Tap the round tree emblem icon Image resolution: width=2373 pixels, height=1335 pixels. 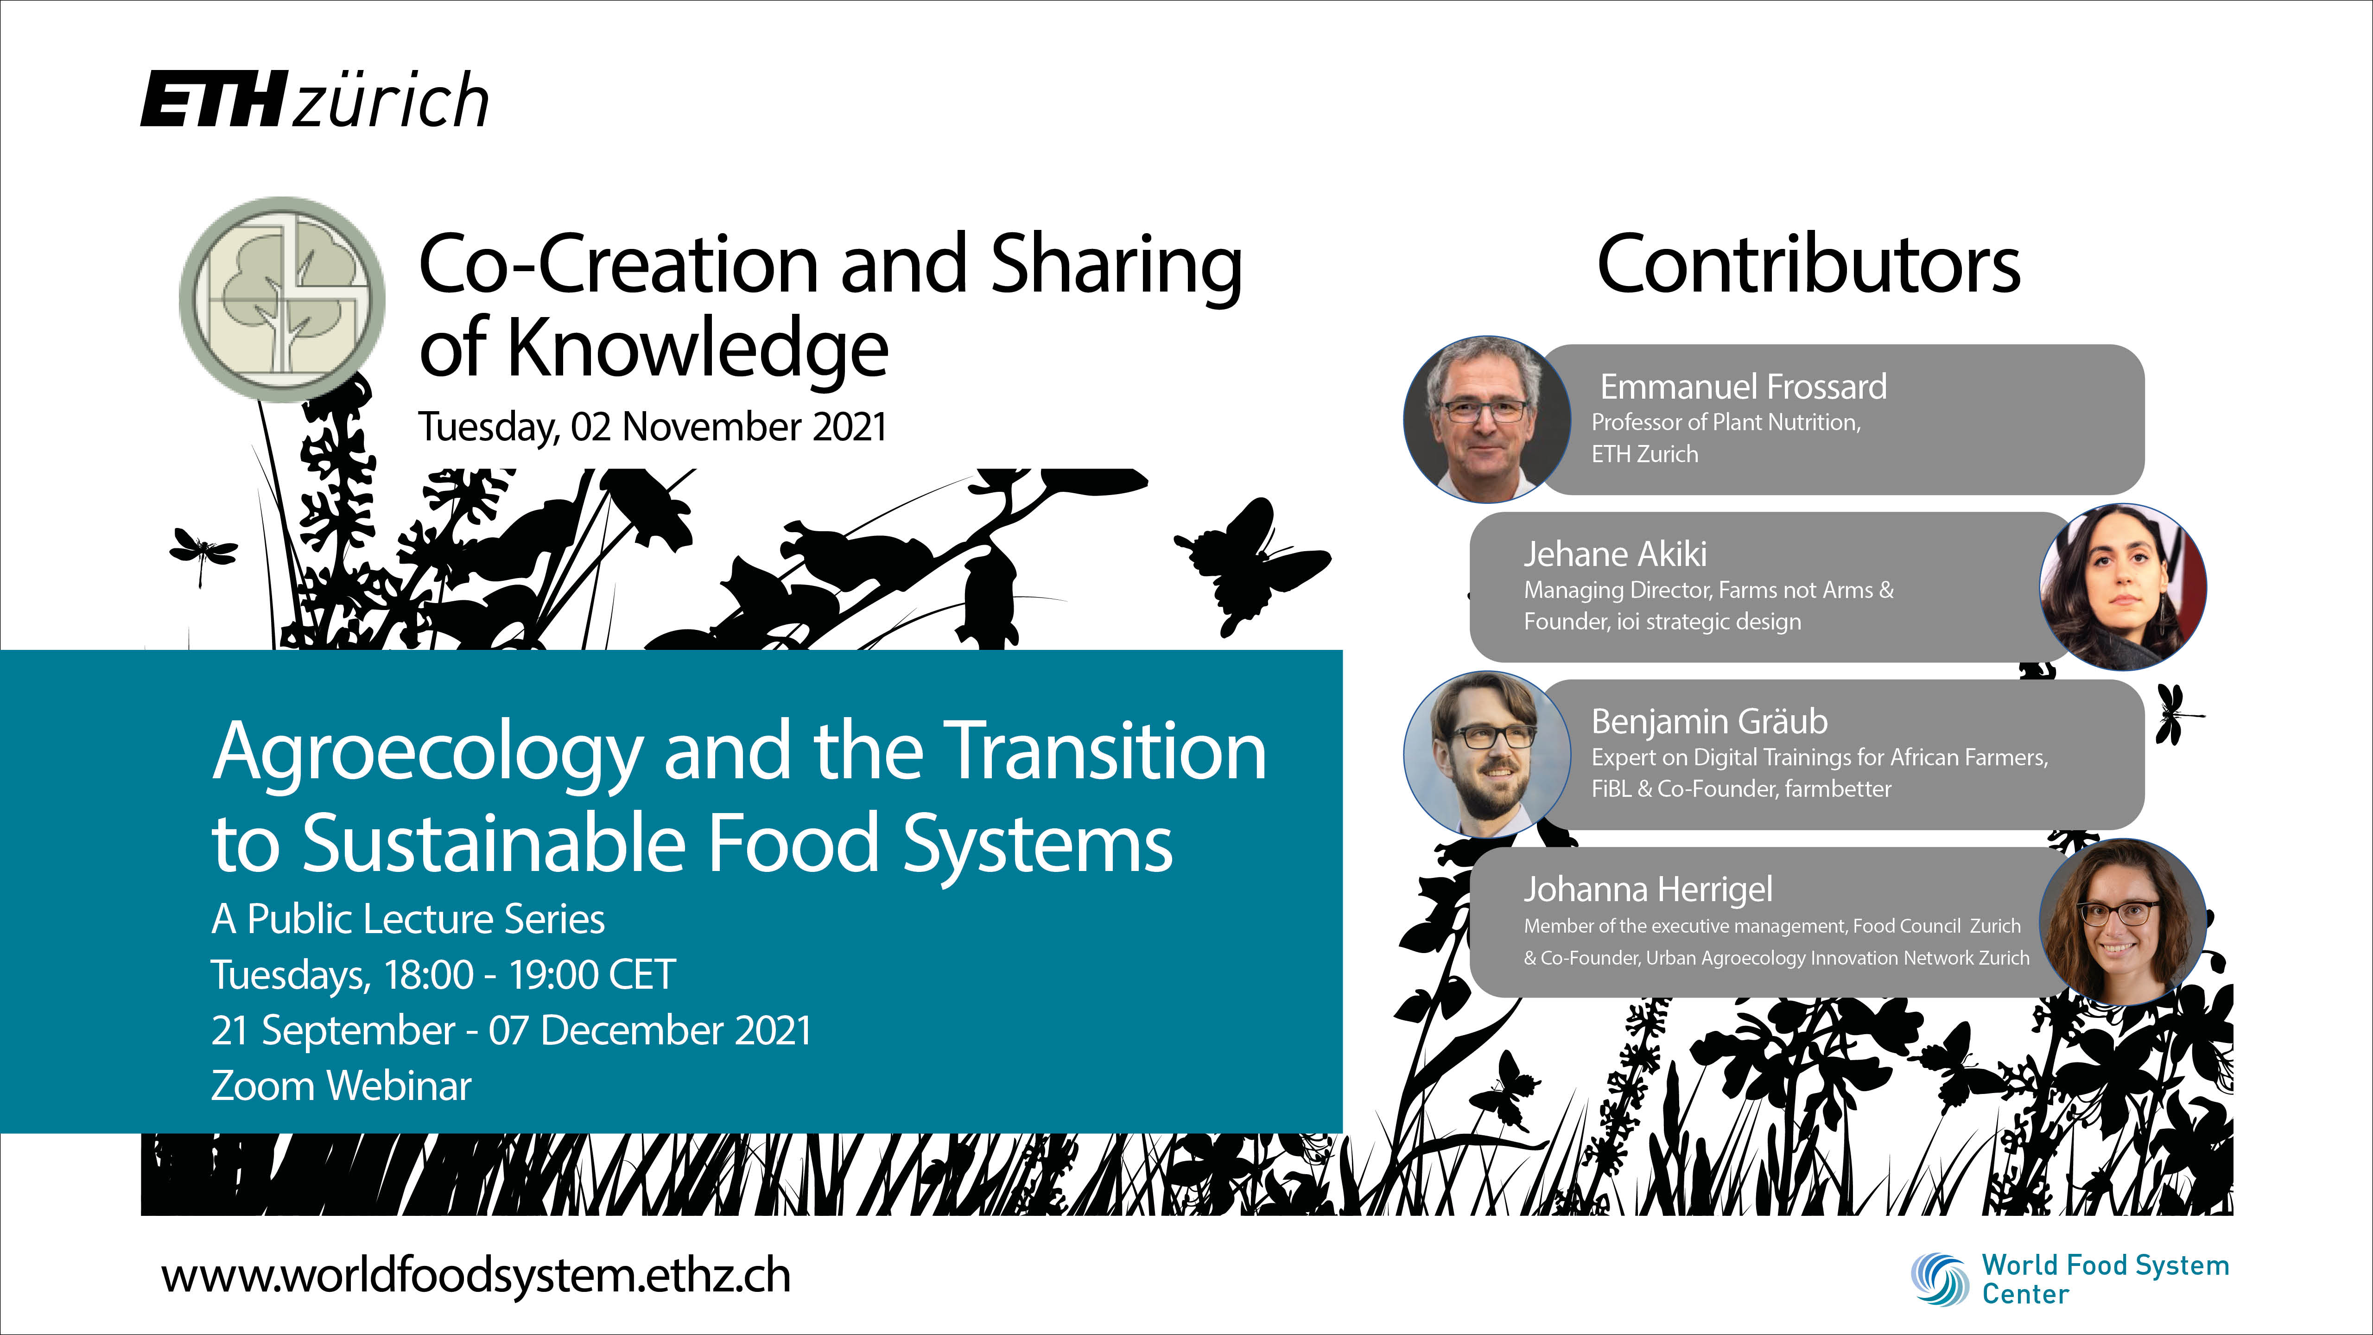[282, 299]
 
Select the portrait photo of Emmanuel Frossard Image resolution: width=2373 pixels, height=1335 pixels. [1487, 419]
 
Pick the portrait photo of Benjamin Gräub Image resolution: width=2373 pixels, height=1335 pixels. [1487, 755]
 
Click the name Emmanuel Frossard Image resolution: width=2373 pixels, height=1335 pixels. [1743, 387]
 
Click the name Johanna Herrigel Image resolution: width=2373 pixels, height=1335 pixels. [1648, 890]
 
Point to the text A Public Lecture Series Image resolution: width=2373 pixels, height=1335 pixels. [408, 919]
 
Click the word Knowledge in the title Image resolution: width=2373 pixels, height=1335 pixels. [698, 350]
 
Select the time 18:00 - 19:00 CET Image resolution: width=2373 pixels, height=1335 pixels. [530, 975]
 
